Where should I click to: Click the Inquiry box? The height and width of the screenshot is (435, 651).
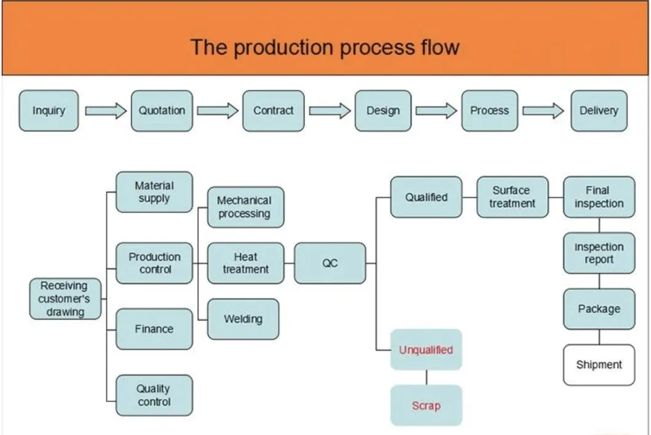coord(49,111)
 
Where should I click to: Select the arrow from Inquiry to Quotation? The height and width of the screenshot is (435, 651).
coord(105,111)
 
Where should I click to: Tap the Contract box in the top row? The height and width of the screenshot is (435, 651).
coord(273,111)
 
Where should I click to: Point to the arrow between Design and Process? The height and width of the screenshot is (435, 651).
coord(436,111)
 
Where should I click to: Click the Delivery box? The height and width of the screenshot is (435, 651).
coord(598,111)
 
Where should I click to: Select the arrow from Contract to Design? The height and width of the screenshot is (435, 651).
coord(329,111)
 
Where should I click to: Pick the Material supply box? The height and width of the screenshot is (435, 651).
coord(154,192)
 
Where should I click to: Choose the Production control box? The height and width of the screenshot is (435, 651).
coord(154,263)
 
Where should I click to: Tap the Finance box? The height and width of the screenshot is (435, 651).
coord(154,329)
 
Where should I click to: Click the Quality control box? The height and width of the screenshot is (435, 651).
coord(154,395)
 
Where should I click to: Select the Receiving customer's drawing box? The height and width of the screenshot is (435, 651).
coord(64,299)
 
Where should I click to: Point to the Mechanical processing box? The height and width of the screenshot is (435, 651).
coord(244,207)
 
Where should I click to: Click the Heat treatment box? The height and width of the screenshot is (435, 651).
coord(245,263)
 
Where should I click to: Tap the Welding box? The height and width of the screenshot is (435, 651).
coord(243,319)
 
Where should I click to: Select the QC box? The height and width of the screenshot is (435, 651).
coord(329,263)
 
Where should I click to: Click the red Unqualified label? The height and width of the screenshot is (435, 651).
coord(425,350)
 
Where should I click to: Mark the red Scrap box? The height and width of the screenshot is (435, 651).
coord(425,406)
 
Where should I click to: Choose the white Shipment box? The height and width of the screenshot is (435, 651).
coord(599,365)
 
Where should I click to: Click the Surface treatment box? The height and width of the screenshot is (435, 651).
coord(512,197)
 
